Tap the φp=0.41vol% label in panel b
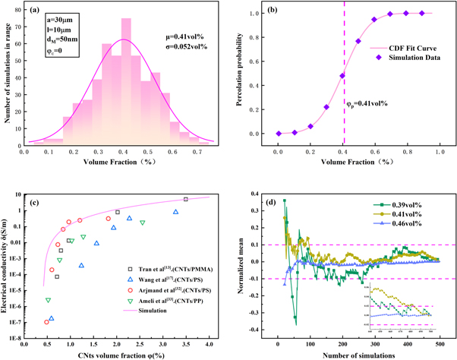tap(365, 103)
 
